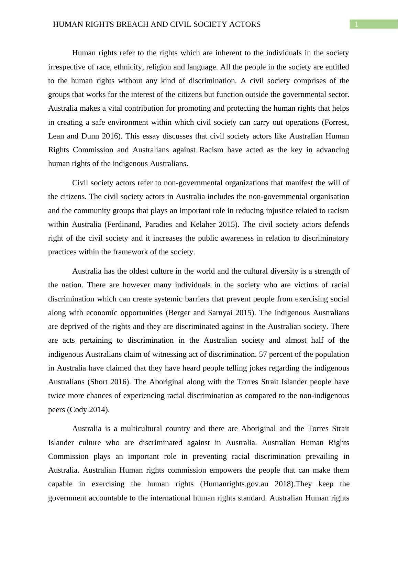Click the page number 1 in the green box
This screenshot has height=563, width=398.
tap(357, 24)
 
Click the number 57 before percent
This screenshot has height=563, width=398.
tap(263, 354)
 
